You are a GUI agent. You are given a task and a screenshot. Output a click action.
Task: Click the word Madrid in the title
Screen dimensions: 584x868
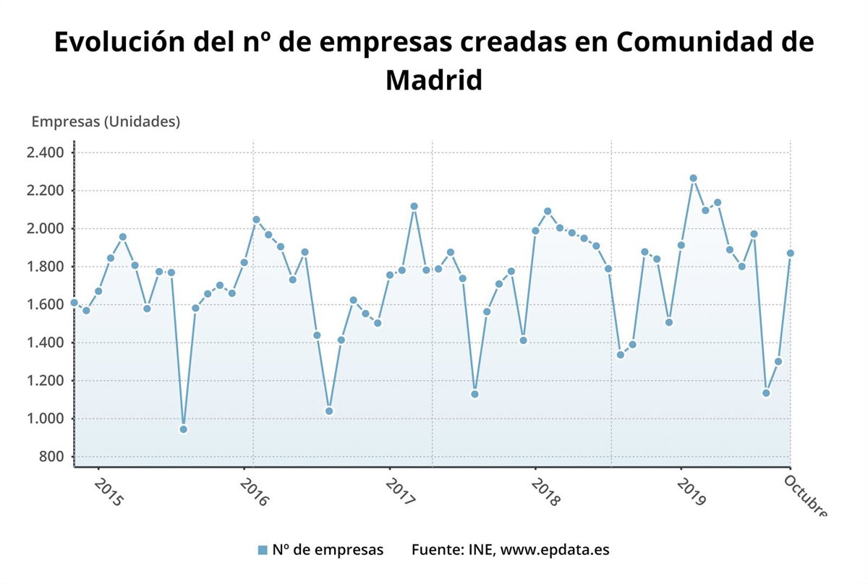[x=433, y=80]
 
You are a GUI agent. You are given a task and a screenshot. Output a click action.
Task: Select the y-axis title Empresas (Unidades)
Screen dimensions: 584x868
[x=106, y=121]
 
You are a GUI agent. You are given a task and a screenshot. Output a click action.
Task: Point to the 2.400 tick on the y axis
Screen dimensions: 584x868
[x=46, y=153]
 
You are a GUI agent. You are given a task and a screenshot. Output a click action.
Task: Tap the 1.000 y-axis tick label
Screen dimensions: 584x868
[x=46, y=418]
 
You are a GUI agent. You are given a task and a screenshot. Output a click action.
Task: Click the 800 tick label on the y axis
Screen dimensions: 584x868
[x=51, y=457]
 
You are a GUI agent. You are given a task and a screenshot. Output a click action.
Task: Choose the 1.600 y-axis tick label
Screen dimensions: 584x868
[x=46, y=304]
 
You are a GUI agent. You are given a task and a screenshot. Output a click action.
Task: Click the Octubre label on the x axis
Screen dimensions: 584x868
[x=805, y=495]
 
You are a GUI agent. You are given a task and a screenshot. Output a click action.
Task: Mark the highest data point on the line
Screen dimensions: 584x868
[x=693, y=178]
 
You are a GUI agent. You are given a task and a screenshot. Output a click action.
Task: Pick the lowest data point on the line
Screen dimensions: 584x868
[x=183, y=429]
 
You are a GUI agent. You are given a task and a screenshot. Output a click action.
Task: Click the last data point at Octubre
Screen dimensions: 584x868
[x=790, y=253]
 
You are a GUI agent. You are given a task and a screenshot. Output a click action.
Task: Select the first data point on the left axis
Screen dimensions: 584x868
[x=74, y=302]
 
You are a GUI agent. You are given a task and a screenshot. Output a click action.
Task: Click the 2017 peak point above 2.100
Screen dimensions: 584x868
[x=414, y=206]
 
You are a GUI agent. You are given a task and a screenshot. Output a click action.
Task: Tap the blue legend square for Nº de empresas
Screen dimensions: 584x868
[x=263, y=550]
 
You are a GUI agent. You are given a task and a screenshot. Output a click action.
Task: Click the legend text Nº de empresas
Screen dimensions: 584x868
[x=328, y=550]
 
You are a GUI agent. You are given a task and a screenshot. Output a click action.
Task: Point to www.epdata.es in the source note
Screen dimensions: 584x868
[x=555, y=550]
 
